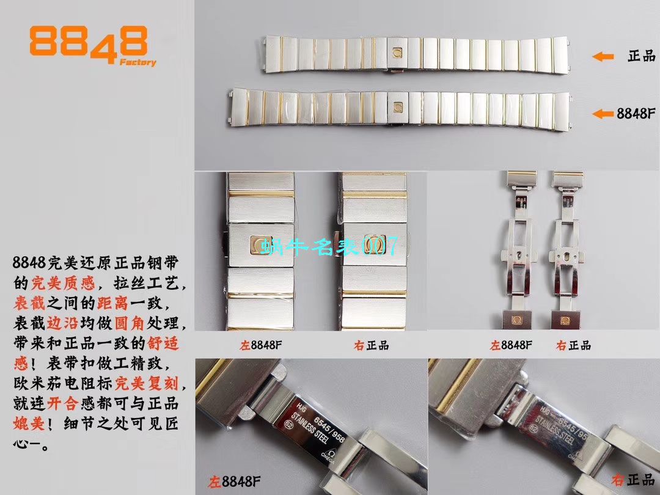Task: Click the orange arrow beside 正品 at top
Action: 603,57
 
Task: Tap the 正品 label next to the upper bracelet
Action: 640,56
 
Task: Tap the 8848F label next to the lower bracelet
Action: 636,113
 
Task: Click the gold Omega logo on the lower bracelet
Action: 396,107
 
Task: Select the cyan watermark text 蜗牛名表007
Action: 329,246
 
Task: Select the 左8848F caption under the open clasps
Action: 512,345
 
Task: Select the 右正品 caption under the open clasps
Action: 573,345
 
